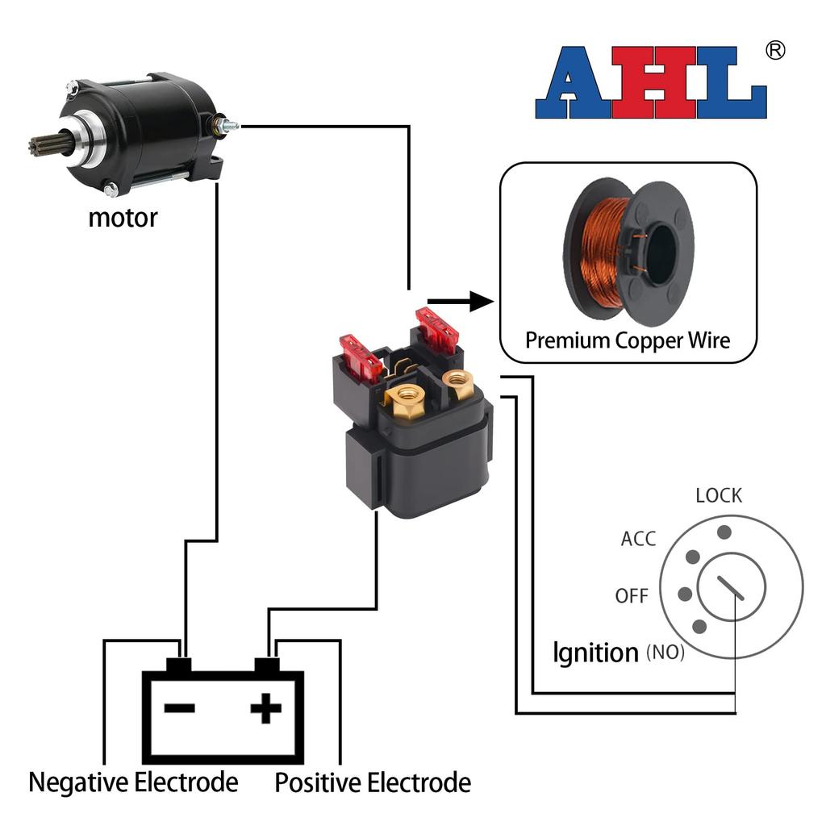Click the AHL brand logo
[651, 83]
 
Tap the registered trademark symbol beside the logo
[774, 51]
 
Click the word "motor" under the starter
[123, 217]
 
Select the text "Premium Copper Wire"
[628, 340]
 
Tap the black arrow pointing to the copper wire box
[460, 302]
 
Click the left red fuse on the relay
[360, 359]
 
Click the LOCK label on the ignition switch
[719, 495]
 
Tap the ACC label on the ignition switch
[638, 539]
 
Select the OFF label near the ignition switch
[632, 596]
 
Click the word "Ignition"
[595, 652]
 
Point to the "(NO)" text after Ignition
[665, 653]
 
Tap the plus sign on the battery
[265, 709]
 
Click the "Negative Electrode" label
[133, 782]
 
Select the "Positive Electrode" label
[373, 782]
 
